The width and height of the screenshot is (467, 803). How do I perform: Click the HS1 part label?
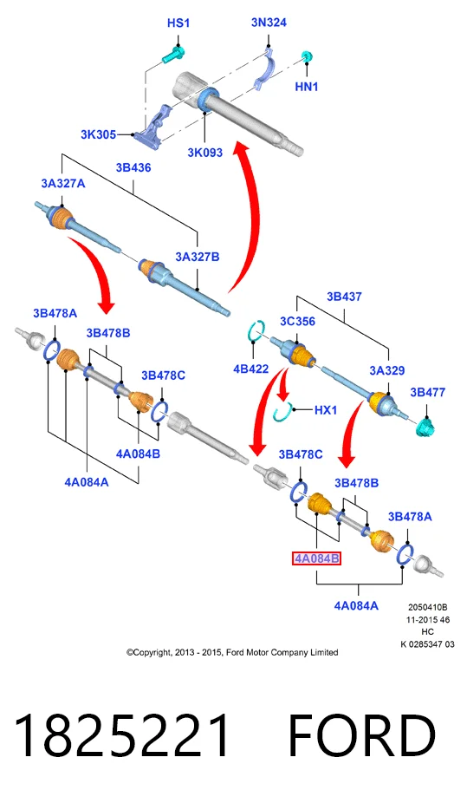178,23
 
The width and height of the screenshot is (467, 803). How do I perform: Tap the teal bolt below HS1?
174,55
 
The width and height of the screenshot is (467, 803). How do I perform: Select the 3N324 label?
269,23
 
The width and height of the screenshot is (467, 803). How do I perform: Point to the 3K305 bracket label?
98,134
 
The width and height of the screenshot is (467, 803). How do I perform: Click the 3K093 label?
204,152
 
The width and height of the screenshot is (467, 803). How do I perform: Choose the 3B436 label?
133,167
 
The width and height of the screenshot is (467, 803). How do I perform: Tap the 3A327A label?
63,183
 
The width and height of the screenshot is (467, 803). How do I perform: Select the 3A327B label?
198,257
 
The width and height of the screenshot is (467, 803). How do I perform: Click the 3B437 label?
344,297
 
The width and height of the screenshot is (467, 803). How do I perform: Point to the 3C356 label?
297,321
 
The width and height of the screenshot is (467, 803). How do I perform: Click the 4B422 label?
250,369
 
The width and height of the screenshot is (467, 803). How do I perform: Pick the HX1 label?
325,409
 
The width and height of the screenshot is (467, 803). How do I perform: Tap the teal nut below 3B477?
425,426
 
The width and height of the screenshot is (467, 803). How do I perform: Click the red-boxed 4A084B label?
316,558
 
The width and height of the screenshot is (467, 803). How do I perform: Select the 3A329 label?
387,370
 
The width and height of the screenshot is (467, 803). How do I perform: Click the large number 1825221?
122,735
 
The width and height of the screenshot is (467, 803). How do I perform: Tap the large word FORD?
361,735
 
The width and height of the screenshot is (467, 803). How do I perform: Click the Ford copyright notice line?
232,652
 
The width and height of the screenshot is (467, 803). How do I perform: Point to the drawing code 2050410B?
428,607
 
